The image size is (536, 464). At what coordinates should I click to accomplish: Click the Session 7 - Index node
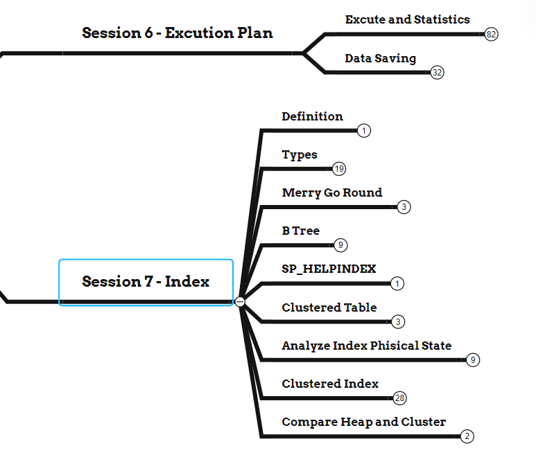coord(146,282)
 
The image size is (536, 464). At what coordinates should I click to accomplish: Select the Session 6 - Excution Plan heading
coord(177,33)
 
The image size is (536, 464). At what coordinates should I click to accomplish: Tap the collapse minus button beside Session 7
coord(240,301)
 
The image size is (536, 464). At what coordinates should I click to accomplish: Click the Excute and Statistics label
coord(407,19)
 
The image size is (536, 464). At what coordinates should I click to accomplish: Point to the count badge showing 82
coord(492,34)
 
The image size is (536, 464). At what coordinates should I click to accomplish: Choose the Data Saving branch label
coord(380,58)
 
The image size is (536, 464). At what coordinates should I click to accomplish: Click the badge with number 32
coord(437,72)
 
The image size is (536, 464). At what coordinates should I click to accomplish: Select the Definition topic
coord(312,116)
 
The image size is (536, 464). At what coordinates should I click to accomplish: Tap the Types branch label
coord(300,154)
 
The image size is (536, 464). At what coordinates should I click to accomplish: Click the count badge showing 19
coord(339,169)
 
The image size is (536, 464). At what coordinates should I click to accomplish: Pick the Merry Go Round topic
coord(331,193)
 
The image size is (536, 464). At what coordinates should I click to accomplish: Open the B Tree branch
coord(300,231)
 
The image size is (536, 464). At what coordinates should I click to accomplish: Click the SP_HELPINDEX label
coord(329,269)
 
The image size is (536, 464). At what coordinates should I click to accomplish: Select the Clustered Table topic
coord(329,307)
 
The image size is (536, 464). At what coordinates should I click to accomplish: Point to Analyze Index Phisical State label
coord(366,345)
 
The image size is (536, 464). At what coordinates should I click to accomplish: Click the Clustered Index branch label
coord(330,383)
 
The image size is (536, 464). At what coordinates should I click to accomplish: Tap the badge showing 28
coord(399,398)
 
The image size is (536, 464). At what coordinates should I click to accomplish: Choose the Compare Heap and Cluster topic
coord(363,421)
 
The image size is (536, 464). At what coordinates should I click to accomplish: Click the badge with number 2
coord(467,436)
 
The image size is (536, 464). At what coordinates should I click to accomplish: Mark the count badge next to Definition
coord(365,131)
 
